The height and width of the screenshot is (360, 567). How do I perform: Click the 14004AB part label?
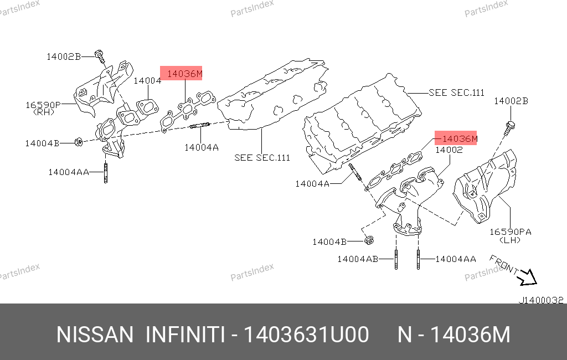358,259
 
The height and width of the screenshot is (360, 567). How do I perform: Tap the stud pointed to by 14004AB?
396,259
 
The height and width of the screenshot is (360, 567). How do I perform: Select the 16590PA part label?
510,232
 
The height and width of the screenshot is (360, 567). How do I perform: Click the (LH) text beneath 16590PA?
510,240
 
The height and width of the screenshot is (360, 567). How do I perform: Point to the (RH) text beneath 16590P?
44,112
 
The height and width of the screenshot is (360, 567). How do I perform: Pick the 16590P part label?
43,105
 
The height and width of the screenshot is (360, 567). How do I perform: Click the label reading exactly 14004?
147,81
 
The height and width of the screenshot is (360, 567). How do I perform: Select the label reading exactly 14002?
449,150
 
